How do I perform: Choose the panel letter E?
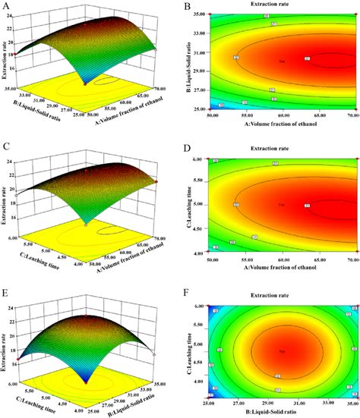coord(7,284)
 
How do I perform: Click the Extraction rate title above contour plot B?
coord(284,5)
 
